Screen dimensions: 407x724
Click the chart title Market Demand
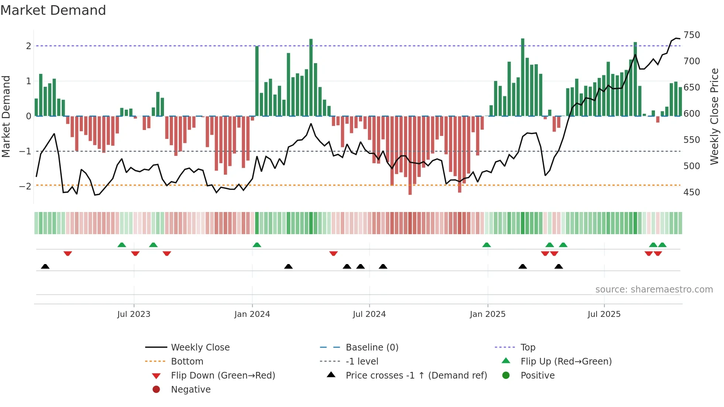point(53,10)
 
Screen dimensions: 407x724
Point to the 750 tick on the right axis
point(691,35)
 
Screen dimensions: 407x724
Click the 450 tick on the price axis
point(691,192)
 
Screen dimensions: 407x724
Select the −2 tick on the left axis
point(25,186)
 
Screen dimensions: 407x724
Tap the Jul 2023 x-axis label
point(134,314)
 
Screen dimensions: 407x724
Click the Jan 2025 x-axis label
point(488,314)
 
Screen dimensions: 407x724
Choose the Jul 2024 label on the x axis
point(369,314)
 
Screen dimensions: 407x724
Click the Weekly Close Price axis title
point(714,116)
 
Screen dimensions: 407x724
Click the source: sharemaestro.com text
point(654,290)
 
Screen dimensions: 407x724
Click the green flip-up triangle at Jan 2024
point(257,245)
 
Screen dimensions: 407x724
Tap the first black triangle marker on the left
point(45,266)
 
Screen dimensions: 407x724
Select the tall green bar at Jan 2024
point(257,81)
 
